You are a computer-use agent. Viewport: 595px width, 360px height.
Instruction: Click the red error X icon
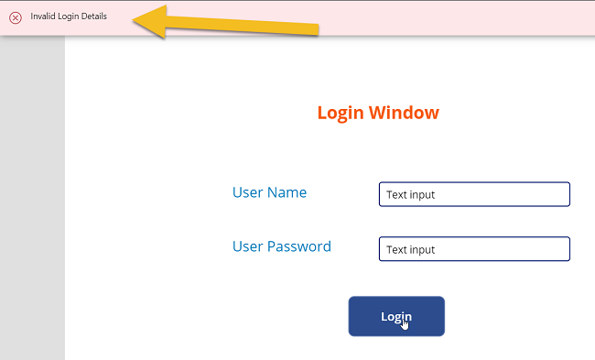16,17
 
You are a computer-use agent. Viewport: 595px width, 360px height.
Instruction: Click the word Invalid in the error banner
42,17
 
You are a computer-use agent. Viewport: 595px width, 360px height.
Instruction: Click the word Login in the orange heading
341,113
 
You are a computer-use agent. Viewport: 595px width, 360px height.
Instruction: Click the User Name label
269,192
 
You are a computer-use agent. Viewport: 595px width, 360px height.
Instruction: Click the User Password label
282,246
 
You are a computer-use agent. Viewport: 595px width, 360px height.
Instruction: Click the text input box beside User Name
474,194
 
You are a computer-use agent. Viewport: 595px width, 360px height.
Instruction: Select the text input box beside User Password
474,249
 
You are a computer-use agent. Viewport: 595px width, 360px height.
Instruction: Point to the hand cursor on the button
405,322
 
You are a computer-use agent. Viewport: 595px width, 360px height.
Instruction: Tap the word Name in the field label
287,192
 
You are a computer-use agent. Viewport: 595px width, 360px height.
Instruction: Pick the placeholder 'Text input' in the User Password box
410,249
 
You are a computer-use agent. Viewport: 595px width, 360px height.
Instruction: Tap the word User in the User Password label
247,246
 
